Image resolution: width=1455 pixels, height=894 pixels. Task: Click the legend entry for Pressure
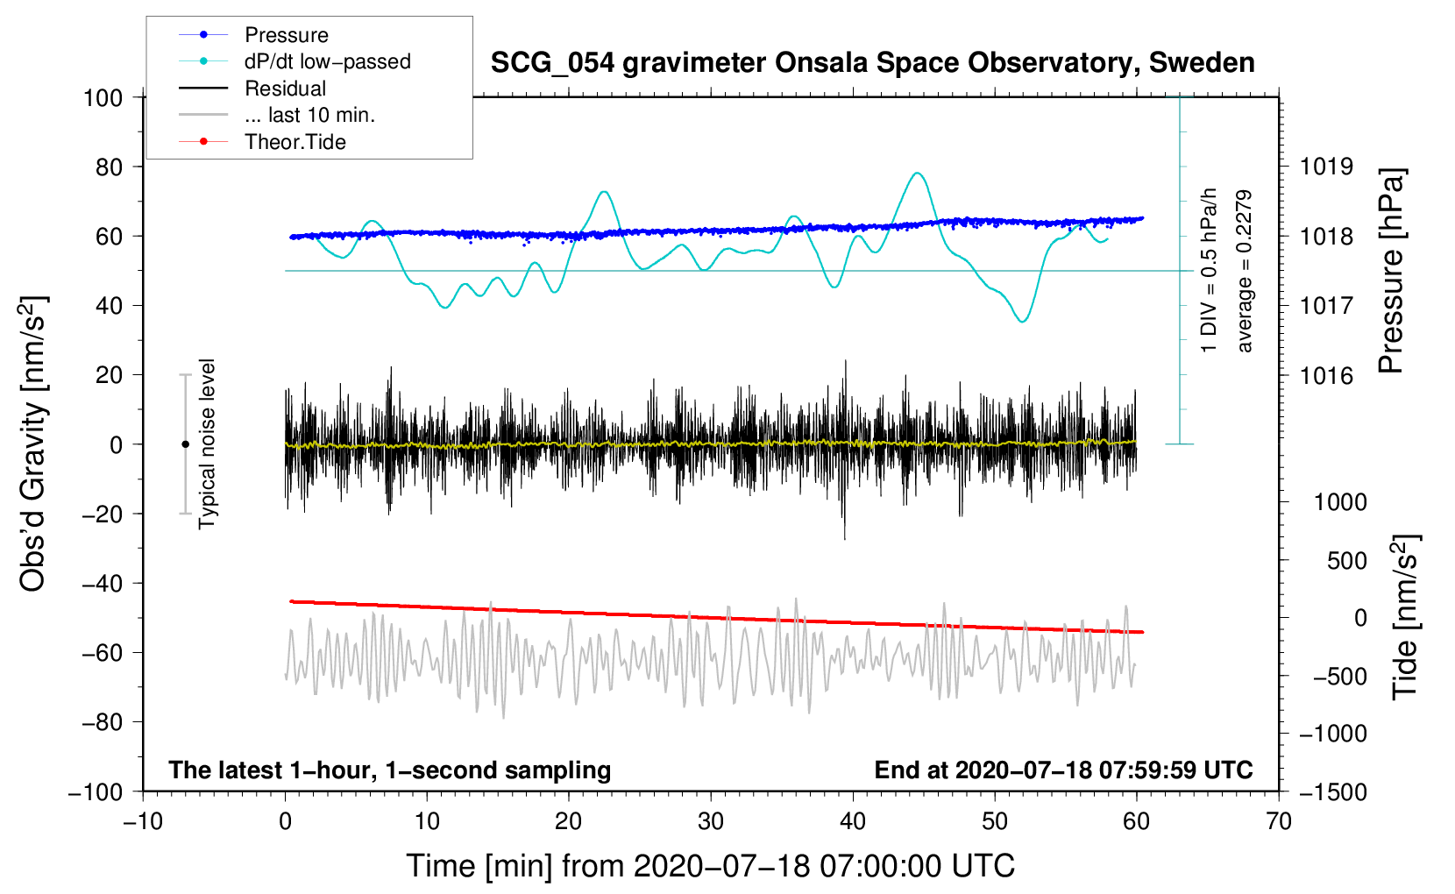(x=286, y=35)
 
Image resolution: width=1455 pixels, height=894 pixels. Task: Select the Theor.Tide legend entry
(x=295, y=142)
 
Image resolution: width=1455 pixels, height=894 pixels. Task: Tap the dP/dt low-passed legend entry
(x=327, y=61)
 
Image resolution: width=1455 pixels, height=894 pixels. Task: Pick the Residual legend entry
(x=285, y=89)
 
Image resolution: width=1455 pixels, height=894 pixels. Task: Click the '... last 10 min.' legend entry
(x=309, y=115)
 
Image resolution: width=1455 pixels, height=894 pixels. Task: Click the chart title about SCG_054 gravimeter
(x=872, y=63)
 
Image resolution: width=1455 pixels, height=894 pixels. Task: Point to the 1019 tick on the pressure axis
(x=1325, y=167)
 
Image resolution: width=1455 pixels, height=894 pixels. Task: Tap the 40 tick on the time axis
(x=853, y=821)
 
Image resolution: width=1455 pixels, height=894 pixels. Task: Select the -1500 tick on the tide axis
(x=1332, y=792)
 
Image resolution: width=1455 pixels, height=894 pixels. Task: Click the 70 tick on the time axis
(x=1279, y=821)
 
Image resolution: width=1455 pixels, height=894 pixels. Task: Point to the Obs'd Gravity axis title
(x=32, y=443)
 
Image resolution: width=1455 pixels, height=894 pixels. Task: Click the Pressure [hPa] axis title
(x=1391, y=271)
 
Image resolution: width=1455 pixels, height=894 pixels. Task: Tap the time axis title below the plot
(x=710, y=866)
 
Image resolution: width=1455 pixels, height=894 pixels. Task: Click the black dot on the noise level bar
(x=185, y=444)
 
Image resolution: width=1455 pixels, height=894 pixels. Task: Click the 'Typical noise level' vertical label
(x=207, y=443)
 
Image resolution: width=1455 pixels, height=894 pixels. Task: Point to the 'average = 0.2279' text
(x=1244, y=271)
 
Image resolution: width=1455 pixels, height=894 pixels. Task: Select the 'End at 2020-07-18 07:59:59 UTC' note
(x=1063, y=770)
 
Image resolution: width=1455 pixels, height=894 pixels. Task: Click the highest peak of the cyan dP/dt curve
(x=917, y=174)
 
